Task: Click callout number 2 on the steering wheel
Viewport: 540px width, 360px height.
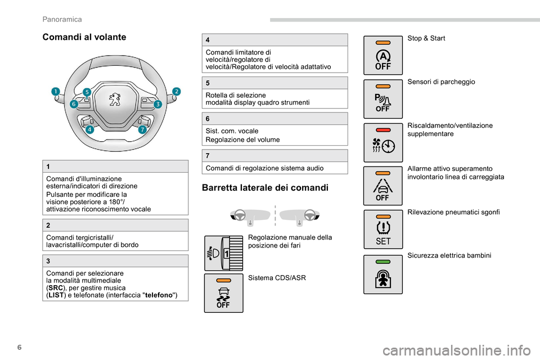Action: click(x=176, y=91)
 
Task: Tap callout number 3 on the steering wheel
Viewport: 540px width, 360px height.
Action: click(x=157, y=104)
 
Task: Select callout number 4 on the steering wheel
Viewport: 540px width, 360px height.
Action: click(x=90, y=129)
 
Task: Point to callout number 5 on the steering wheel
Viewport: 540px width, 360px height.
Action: click(x=87, y=91)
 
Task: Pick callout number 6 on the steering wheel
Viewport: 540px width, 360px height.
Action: click(x=74, y=104)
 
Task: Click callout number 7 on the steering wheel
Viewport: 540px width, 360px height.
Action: click(x=142, y=129)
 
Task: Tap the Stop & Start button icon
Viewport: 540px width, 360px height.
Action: click(x=382, y=55)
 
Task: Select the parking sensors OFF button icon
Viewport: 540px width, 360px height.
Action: click(x=382, y=98)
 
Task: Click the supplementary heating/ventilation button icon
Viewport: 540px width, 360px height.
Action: click(x=382, y=142)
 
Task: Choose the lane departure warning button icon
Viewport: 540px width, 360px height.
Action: click(x=382, y=186)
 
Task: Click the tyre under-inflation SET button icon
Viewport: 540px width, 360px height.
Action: click(x=382, y=229)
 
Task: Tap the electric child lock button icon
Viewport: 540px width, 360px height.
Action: click(x=382, y=274)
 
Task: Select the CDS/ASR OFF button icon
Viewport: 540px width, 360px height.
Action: click(x=223, y=293)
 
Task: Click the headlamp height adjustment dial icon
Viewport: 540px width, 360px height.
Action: click(x=223, y=253)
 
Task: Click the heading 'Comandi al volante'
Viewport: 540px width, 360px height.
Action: click(x=84, y=37)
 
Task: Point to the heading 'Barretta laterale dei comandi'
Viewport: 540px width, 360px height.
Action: click(x=265, y=188)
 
